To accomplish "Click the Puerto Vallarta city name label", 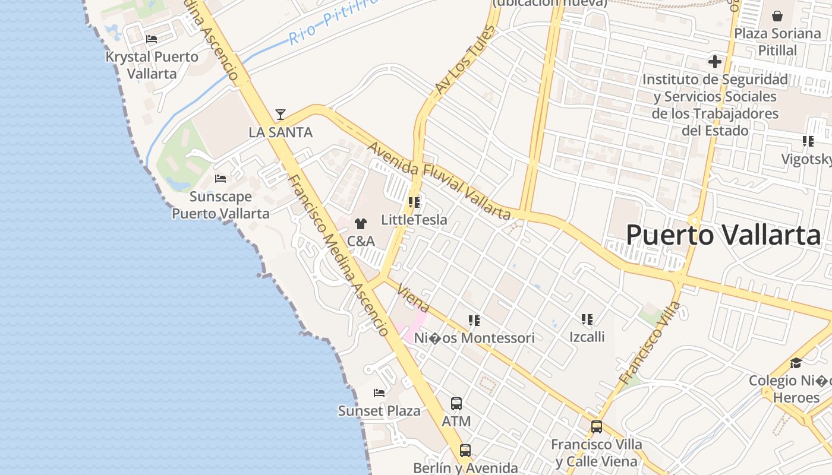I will pyautogui.click(x=723, y=235).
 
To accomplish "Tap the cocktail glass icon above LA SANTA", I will pyautogui.click(x=281, y=115).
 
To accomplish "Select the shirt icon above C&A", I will pyautogui.click(x=361, y=224).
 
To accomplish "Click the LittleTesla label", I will pyautogui.click(x=414, y=220).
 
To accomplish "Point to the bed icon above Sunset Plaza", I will pyautogui.click(x=379, y=393).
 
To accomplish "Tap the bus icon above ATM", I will pyautogui.click(x=456, y=404).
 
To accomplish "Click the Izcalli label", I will pyautogui.click(x=587, y=337).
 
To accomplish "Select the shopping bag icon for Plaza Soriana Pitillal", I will pyautogui.click(x=777, y=16).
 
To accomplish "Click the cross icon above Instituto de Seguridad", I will pyautogui.click(x=715, y=62).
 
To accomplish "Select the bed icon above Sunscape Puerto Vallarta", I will pyautogui.click(x=220, y=179).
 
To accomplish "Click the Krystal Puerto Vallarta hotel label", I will pyautogui.click(x=152, y=65).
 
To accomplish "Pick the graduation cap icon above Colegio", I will pyautogui.click(x=796, y=363).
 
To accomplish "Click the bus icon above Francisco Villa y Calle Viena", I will pyautogui.click(x=597, y=427).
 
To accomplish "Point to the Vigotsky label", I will pyautogui.click(x=806, y=159).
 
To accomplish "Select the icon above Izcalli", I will pyautogui.click(x=587, y=320).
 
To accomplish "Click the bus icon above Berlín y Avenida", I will pyautogui.click(x=465, y=451).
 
